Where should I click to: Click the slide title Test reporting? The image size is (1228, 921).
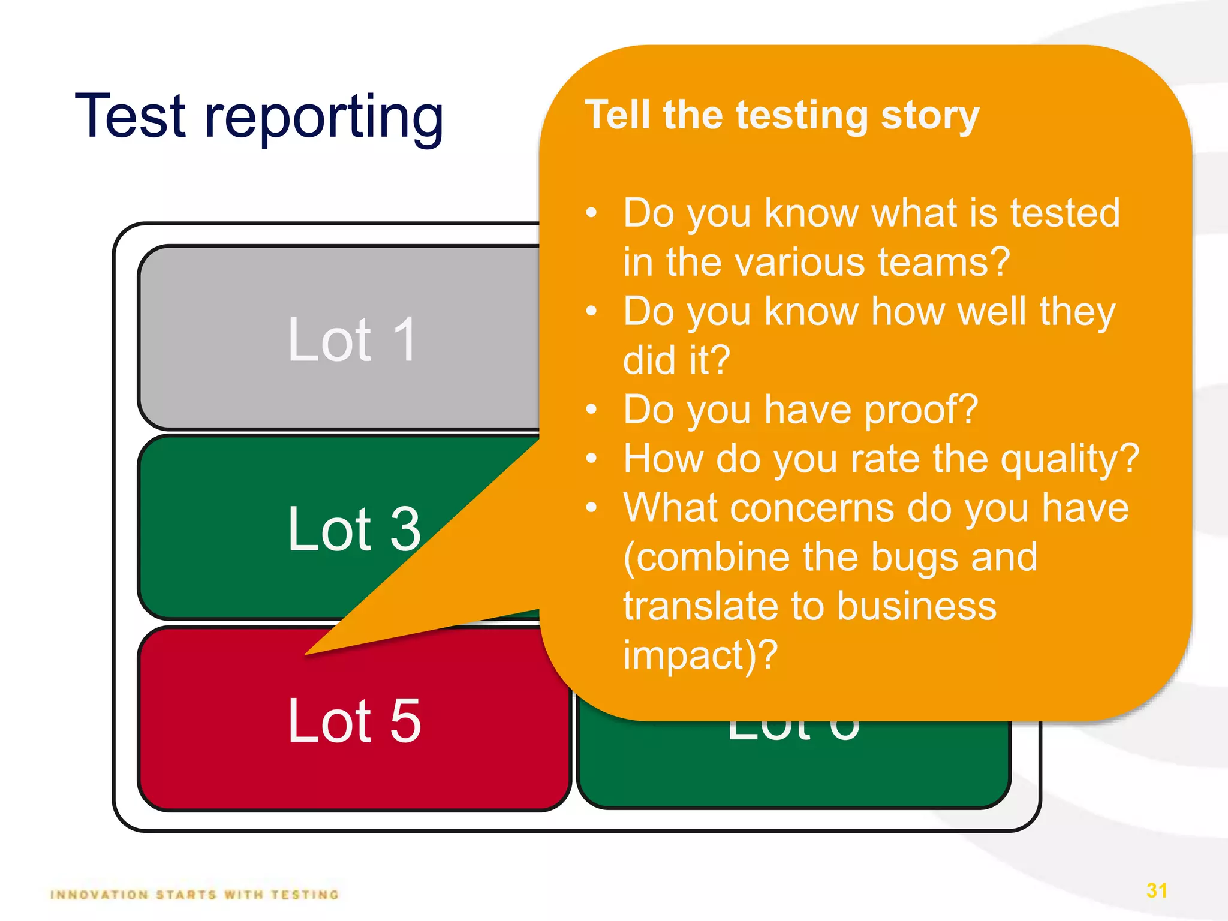click(x=259, y=117)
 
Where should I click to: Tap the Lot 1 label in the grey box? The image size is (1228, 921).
click(x=353, y=340)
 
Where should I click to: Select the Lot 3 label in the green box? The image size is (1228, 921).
click(x=354, y=529)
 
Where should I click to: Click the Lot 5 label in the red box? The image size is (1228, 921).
click(x=354, y=721)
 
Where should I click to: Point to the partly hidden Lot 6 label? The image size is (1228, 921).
click(x=793, y=732)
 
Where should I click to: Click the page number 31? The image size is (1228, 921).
click(x=1157, y=890)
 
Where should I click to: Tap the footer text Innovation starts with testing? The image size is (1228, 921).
click(x=195, y=895)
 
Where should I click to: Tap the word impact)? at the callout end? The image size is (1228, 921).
click(x=700, y=655)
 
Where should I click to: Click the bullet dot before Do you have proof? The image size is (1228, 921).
click(x=592, y=410)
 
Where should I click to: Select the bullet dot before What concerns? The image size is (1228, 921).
click(x=592, y=508)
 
